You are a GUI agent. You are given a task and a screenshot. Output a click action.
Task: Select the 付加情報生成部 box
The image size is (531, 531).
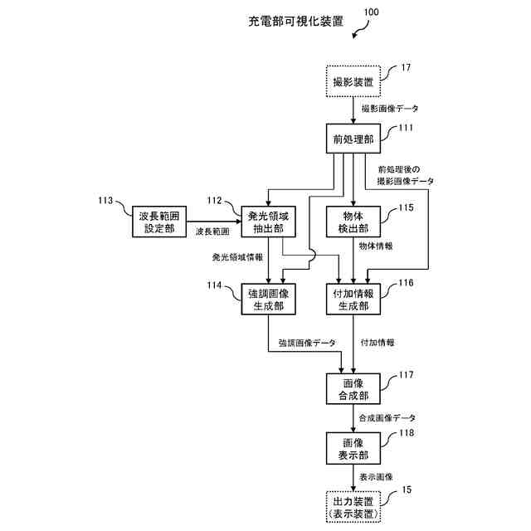pyautogui.click(x=354, y=300)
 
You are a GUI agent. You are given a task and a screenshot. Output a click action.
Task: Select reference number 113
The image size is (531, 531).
pyautogui.click(x=106, y=200)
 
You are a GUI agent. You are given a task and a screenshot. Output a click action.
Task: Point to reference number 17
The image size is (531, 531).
pyautogui.click(x=406, y=67)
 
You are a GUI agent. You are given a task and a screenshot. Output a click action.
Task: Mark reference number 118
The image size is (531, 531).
pyautogui.click(x=406, y=433)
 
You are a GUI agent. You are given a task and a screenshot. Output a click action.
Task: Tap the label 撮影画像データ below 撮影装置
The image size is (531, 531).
pyautogui.click(x=390, y=109)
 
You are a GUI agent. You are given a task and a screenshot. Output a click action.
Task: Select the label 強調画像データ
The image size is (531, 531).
pyautogui.click(x=308, y=343)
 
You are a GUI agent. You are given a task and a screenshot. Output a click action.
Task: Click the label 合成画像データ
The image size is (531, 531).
pyautogui.click(x=387, y=418)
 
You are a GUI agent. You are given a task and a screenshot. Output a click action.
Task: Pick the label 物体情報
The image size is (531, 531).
pyautogui.click(x=375, y=246)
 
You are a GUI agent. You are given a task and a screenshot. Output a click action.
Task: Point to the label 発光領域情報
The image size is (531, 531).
pyautogui.click(x=243, y=257)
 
